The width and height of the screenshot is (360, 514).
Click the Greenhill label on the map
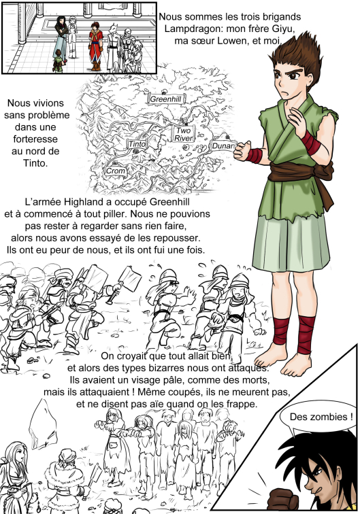tap(167, 99)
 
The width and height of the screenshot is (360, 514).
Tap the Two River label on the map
tap(183, 134)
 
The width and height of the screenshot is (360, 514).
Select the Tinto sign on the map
tap(137, 144)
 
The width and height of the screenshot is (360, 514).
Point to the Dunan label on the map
tap(223, 145)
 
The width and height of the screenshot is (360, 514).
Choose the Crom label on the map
tap(116, 171)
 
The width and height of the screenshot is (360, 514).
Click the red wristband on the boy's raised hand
tap(310, 143)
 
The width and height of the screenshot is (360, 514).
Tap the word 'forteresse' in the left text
tap(35, 139)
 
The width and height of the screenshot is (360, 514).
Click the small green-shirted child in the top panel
tap(58, 61)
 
